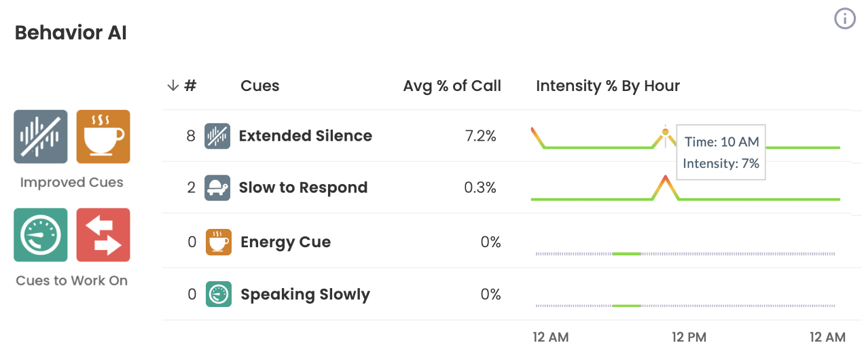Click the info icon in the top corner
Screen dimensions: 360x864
click(844, 19)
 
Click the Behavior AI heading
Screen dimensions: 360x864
click(71, 33)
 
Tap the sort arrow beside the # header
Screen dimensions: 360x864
click(173, 86)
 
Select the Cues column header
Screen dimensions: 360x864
click(259, 86)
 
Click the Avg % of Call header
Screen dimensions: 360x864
click(452, 86)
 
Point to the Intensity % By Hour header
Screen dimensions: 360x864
click(607, 86)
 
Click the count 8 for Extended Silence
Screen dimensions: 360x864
click(191, 136)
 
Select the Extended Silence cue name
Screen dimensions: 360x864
click(305, 136)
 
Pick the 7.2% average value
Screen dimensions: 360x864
click(480, 136)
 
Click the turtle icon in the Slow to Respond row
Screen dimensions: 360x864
click(217, 187)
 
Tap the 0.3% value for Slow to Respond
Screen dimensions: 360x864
click(480, 187)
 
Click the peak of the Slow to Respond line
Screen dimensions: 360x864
click(666, 177)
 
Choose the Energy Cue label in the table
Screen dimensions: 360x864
click(285, 242)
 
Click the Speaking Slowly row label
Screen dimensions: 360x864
click(305, 295)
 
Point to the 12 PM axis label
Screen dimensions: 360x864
click(689, 337)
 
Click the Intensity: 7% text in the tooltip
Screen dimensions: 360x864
click(721, 163)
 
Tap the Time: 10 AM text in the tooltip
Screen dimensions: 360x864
click(721, 142)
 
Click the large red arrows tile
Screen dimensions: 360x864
click(103, 235)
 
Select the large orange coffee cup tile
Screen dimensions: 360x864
click(103, 137)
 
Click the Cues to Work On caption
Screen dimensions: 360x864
click(71, 281)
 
